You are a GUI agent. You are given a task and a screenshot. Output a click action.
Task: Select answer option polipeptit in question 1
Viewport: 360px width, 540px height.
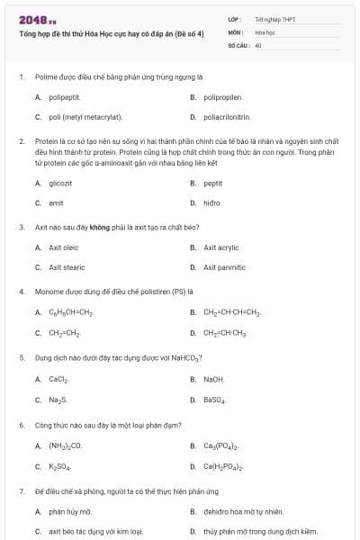(65, 97)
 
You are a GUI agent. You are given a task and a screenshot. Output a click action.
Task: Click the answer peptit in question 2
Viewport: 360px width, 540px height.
(212, 183)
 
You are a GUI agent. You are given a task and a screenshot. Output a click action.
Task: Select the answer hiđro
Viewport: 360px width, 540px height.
(211, 202)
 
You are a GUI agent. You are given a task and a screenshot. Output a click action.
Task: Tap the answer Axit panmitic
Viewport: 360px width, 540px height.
(224, 267)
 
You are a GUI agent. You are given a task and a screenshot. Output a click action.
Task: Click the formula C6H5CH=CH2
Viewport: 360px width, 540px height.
(71, 312)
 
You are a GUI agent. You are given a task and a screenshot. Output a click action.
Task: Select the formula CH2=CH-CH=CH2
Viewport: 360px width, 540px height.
(232, 312)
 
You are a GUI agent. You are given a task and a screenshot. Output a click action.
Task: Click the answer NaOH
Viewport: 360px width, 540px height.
(214, 379)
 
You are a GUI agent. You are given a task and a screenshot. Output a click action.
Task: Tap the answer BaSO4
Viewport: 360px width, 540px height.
(215, 400)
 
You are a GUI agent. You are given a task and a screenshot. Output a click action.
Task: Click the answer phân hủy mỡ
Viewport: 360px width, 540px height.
(70, 511)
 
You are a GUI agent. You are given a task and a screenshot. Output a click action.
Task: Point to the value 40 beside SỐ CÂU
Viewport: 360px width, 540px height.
(258, 44)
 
